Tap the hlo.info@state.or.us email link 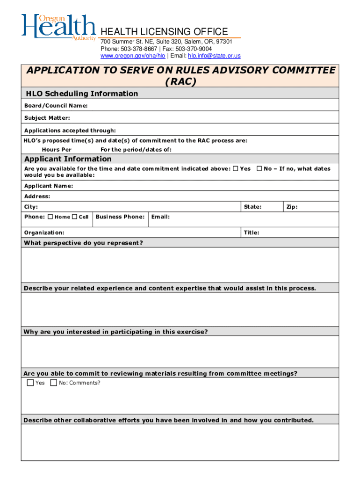214,56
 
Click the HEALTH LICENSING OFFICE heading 164,32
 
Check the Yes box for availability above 236,168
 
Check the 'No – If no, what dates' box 259,168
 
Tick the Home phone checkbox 50,217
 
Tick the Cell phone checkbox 74,217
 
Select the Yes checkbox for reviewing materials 30,383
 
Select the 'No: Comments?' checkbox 54,383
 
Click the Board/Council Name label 56,106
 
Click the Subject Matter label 47,118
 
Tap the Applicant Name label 49,186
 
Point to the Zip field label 292,207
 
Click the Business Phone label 120,217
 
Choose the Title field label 252,232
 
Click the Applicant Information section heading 68,159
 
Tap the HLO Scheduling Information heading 81,94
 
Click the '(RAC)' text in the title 180,81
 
